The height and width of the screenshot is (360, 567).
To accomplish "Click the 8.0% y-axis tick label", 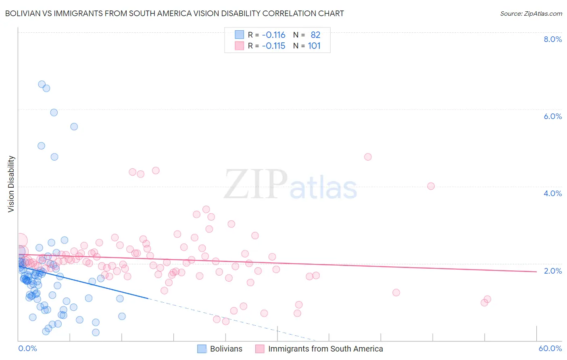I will pos(552,39).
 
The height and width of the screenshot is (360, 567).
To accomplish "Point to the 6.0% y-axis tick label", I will pos(552,116).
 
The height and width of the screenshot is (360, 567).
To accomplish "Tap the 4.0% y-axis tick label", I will pos(552,193).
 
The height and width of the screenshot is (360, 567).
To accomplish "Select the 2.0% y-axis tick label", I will pos(552,271).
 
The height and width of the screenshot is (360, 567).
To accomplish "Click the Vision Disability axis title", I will pos(11,184).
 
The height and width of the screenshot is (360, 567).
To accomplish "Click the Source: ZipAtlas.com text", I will pos(531,13).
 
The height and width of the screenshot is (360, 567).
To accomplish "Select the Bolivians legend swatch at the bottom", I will pos(202,349).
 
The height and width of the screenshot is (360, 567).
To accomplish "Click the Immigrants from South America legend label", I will pos(325,349).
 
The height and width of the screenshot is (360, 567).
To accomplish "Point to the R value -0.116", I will pos(273,35).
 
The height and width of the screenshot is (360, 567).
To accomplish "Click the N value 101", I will pos(314,46).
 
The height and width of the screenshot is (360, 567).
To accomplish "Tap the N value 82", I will pos(315,35).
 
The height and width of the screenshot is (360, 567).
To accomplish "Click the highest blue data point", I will pos(42,84).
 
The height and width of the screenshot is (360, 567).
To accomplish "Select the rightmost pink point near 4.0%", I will pos(431,186).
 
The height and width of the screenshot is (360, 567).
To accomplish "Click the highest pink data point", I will pos(368,157).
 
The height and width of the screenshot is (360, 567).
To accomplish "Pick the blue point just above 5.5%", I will pos(74,127).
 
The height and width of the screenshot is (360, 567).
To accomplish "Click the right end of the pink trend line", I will pos(536,272).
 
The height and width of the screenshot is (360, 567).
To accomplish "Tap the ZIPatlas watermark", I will pos(290,184).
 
